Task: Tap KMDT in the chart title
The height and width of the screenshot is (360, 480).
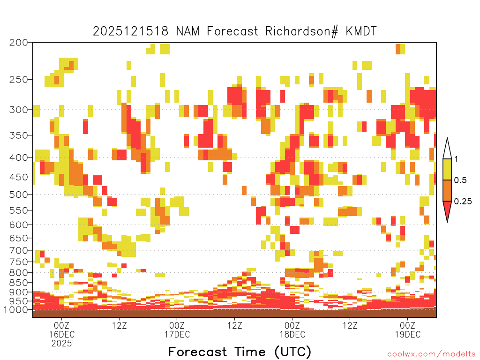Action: (x=361, y=31)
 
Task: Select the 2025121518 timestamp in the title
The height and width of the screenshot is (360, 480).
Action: (x=131, y=31)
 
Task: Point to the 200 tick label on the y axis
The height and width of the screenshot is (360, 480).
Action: (x=19, y=43)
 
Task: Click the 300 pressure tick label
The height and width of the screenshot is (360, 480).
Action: (x=19, y=110)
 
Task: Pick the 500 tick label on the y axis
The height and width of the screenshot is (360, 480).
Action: (x=19, y=195)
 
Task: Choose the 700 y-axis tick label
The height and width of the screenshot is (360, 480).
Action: (x=19, y=250)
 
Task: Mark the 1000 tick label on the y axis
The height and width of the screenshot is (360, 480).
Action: (x=16, y=310)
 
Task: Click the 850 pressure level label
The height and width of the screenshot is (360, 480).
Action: (x=19, y=283)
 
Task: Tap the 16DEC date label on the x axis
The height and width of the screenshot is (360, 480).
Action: (x=62, y=334)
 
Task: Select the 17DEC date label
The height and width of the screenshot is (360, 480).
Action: (x=177, y=334)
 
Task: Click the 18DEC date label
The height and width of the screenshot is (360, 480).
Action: (x=292, y=334)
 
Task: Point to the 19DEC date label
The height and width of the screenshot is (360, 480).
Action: (x=408, y=334)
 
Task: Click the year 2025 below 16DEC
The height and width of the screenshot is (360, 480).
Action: (x=62, y=344)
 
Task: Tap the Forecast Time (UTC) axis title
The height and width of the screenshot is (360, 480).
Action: (x=240, y=352)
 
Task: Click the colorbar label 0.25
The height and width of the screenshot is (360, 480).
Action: (x=463, y=202)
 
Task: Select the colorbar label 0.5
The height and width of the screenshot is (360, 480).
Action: (x=460, y=180)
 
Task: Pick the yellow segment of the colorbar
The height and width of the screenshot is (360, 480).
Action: (x=447, y=169)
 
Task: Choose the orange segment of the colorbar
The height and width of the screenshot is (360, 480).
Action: (x=447, y=190)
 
